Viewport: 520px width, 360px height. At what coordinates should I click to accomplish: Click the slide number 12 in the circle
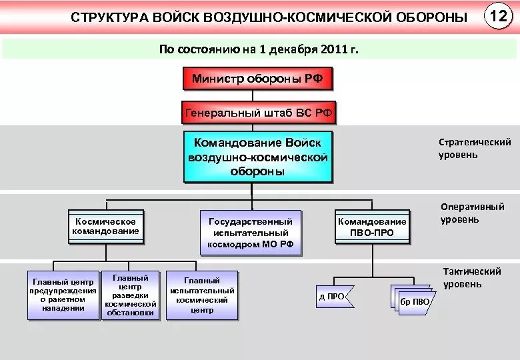coord(498,16)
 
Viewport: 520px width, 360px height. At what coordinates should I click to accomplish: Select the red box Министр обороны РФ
coord(257,79)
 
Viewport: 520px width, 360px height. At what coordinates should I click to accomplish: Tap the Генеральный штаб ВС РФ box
coord(258,113)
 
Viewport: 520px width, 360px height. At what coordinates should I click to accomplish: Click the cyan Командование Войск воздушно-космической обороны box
coord(257,157)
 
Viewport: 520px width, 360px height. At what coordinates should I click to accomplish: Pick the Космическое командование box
coord(105,227)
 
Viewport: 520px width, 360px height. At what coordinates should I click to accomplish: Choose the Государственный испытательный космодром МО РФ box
coord(251,233)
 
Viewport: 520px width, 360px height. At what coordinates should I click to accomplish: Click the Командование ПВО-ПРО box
coord(372,227)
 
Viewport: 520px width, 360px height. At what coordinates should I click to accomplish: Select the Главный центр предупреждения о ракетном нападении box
coord(63,295)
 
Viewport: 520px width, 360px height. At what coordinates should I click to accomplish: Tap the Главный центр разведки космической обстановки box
coord(131,295)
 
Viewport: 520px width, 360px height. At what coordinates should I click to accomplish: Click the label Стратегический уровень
coord(474,148)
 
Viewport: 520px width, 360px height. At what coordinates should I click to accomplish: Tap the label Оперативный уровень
coord(472,213)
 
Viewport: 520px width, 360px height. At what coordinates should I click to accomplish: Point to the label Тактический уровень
coord(471,278)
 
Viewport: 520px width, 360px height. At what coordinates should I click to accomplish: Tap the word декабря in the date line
coord(296,49)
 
